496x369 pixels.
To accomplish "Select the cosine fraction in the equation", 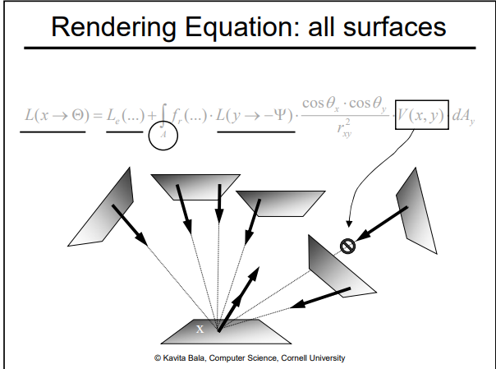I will (x=344, y=116).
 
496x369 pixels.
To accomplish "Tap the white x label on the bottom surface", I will (x=199, y=329).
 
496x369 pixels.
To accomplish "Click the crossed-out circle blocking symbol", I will (x=347, y=245).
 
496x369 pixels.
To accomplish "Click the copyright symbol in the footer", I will (x=157, y=357).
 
